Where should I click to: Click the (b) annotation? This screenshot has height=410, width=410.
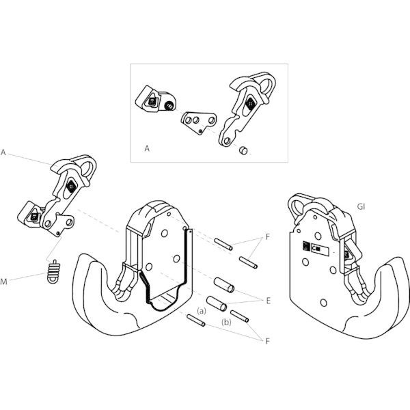225,318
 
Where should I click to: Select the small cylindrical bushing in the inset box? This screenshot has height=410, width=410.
243,150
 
